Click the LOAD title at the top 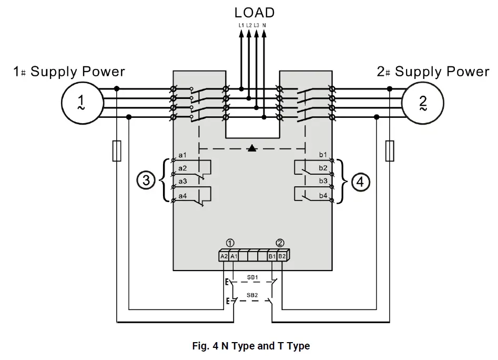(254, 12)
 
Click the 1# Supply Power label (69, 72)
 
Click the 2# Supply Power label (432, 72)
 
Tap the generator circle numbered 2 (423, 102)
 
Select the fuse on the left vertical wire (117, 151)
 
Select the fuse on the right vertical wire (390, 151)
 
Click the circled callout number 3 (146, 181)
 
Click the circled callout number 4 (360, 182)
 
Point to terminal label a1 (182, 155)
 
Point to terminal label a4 (182, 196)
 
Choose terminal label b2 (323, 168)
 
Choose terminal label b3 (323, 181)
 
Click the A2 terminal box (224, 256)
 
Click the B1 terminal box (272, 256)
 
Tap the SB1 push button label (252, 277)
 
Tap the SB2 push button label (252, 295)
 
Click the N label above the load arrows (264, 25)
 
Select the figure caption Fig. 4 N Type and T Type (251, 346)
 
